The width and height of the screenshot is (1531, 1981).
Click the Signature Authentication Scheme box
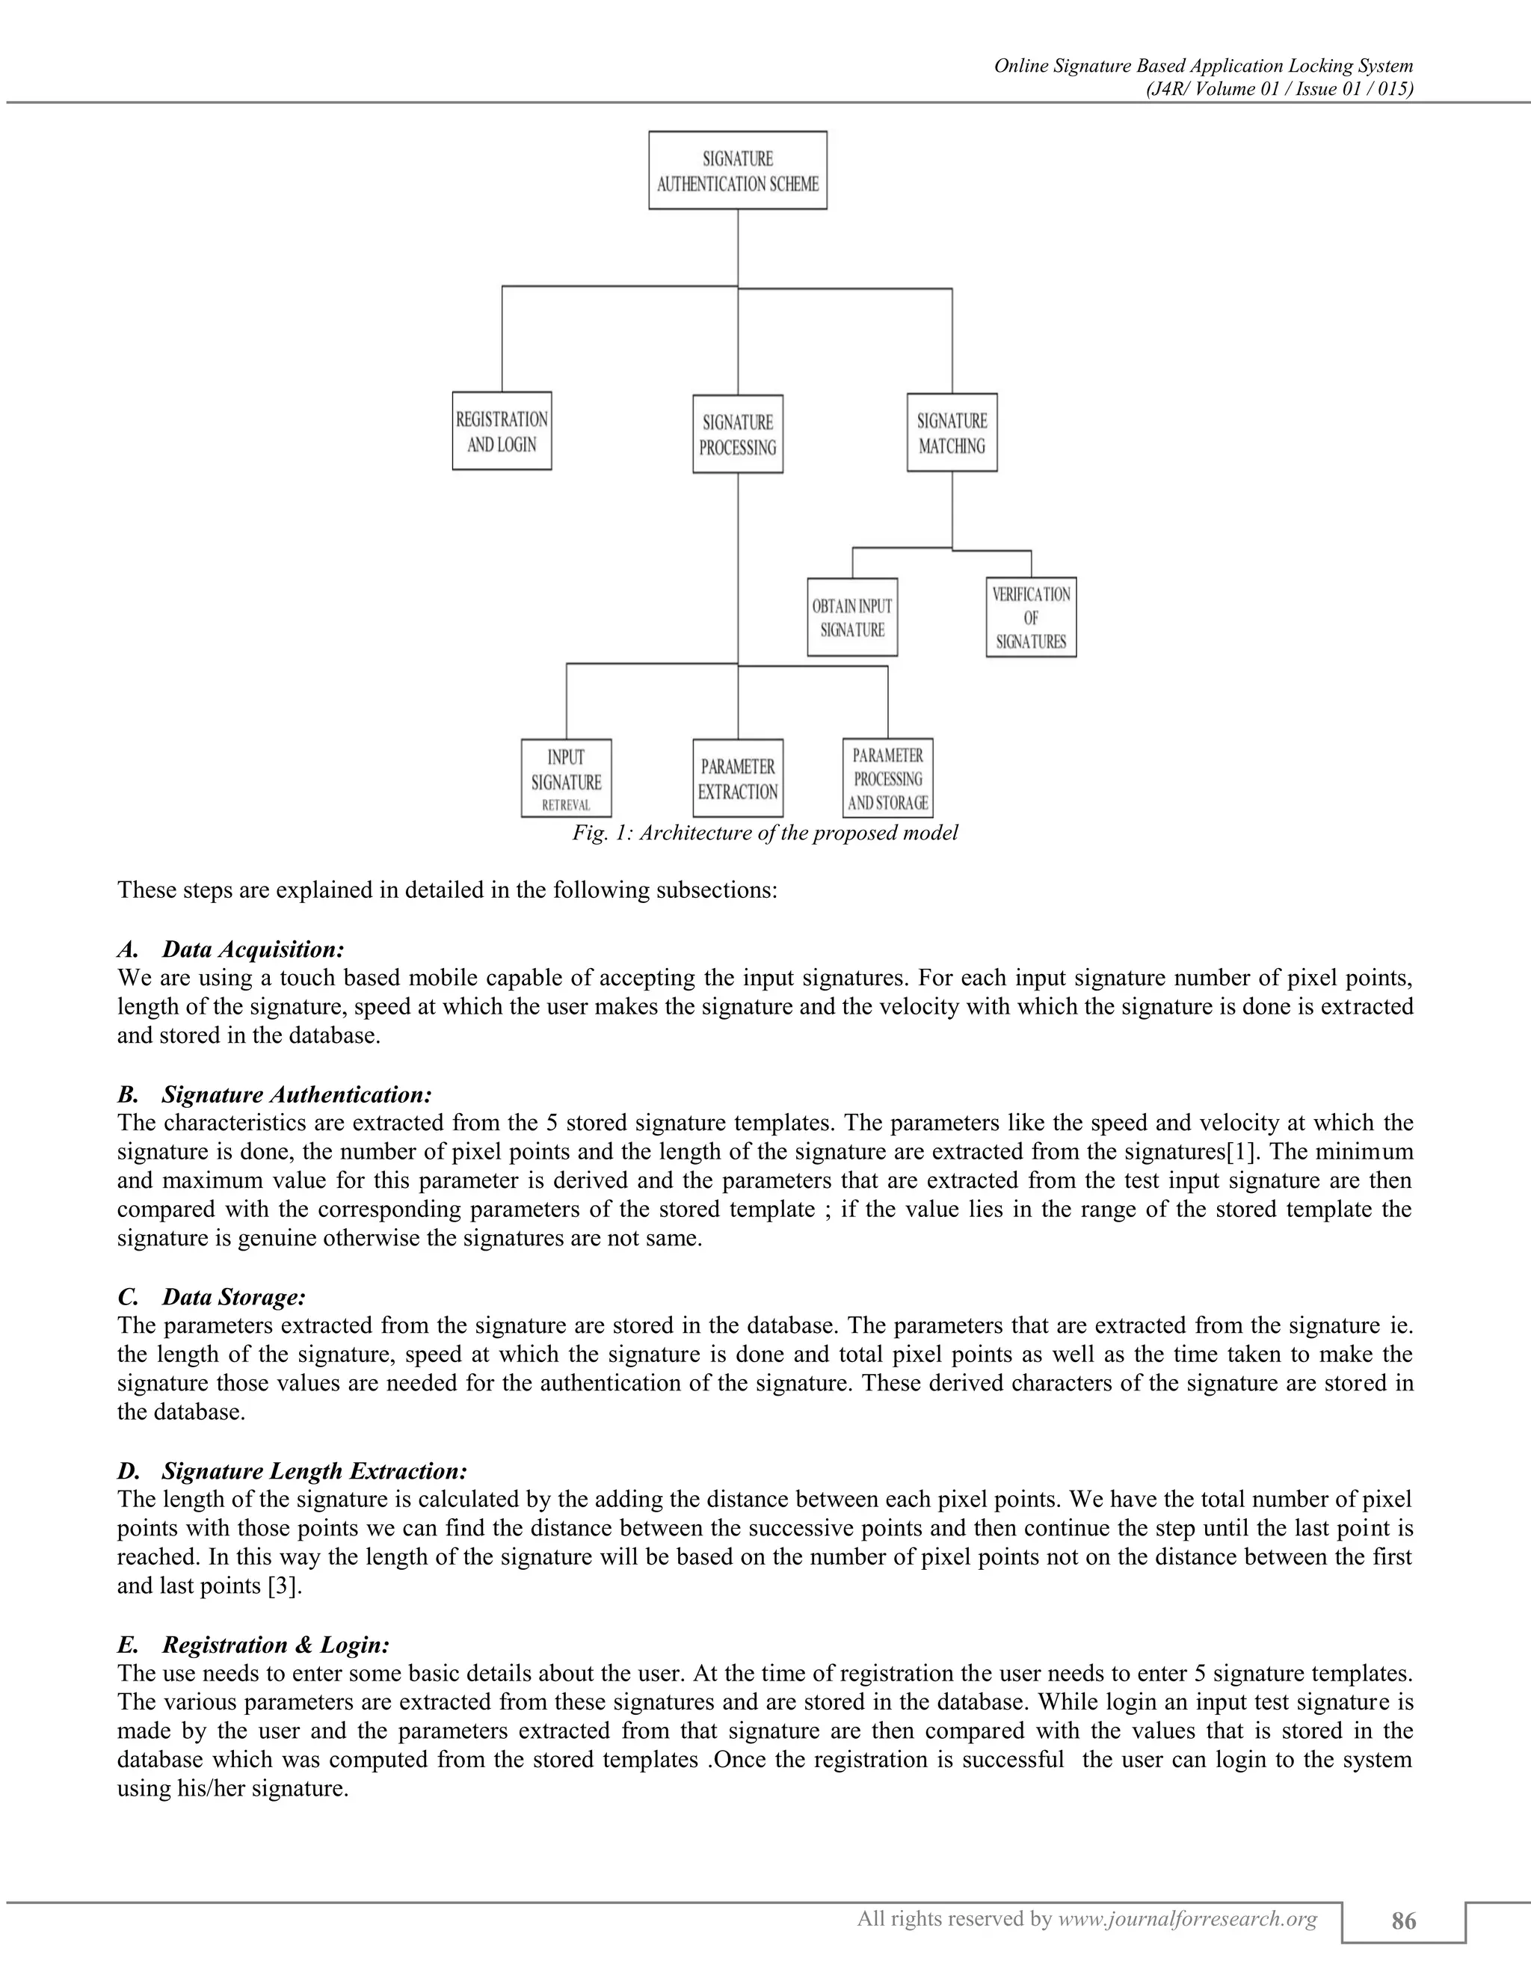[x=737, y=170]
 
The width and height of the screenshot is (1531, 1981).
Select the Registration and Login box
[x=502, y=431]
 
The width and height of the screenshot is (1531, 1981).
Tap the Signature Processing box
[x=737, y=434]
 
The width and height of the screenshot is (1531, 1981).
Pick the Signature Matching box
[x=952, y=433]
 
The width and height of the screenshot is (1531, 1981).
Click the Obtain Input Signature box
[x=851, y=617]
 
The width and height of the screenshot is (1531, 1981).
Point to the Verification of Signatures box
[x=1030, y=617]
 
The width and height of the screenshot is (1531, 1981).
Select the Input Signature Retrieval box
[x=566, y=778]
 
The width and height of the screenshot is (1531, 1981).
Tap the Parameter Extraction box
[x=737, y=778]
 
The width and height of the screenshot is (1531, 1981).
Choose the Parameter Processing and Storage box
[x=887, y=778]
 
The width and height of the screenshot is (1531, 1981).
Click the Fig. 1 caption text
[x=764, y=833]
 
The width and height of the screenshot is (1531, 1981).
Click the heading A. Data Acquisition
[x=231, y=949]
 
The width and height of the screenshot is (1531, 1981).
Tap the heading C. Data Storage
[x=212, y=1297]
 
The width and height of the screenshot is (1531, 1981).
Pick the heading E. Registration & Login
[x=253, y=1645]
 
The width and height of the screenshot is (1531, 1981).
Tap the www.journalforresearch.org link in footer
[x=1187, y=1917]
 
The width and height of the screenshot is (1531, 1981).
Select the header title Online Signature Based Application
[x=1204, y=65]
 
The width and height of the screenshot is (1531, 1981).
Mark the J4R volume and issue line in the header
[x=1280, y=88]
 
